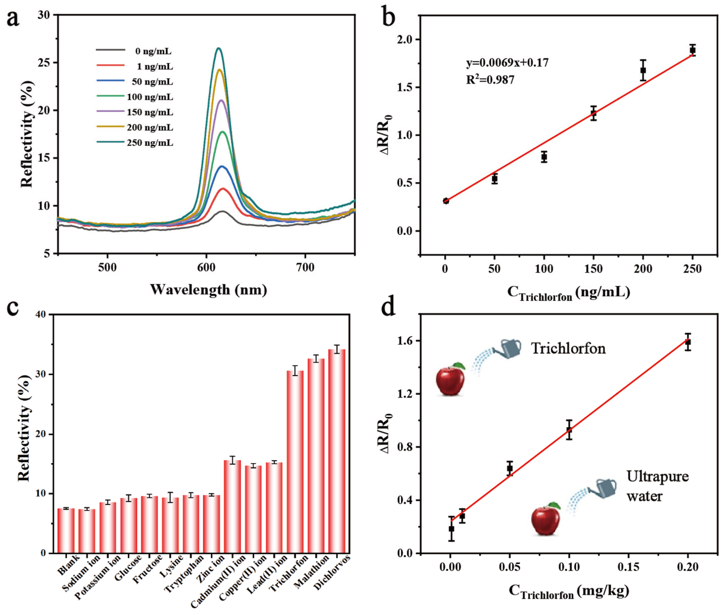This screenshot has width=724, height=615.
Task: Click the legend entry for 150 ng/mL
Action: coord(150,112)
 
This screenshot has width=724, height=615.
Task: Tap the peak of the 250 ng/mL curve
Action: coord(218,48)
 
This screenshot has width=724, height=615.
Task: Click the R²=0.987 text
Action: coord(490,80)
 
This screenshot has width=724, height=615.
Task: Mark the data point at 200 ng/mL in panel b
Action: coord(643,70)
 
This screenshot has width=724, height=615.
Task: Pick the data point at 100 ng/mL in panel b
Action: coord(544,157)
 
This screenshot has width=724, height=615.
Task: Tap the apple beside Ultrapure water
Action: coord(546,520)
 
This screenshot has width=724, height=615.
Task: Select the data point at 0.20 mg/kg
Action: coord(687,342)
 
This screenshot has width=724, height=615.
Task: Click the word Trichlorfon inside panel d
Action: coord(568,348)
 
